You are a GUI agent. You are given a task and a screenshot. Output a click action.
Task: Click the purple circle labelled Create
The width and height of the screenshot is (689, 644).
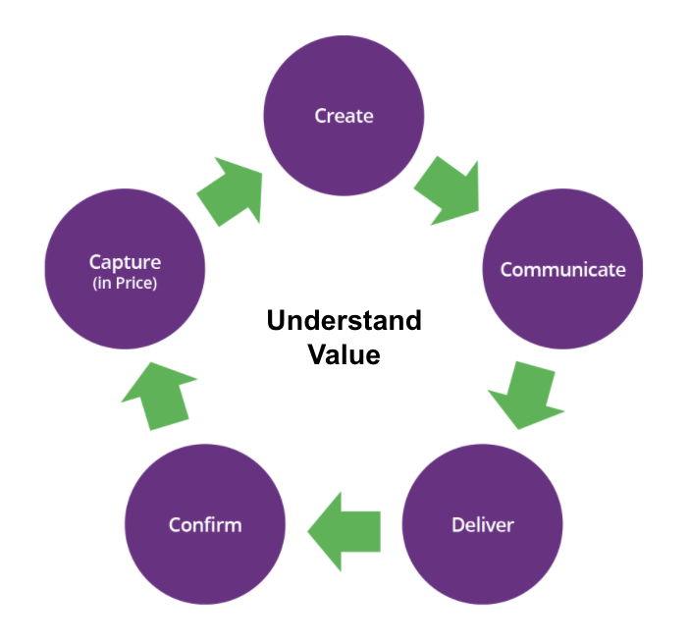(x=344, y=116)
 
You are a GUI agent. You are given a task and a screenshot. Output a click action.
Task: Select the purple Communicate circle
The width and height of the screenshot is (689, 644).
(x=562, y=269)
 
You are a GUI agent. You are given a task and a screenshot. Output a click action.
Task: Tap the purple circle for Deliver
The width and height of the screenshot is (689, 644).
(x=483, y=524)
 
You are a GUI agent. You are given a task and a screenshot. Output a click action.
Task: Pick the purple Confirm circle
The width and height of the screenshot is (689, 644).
(x=205, y=524)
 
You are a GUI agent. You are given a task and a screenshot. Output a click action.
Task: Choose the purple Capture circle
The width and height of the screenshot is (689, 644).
(x=125, y=269)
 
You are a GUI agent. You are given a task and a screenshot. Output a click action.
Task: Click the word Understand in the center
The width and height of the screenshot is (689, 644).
(x=344, y=321)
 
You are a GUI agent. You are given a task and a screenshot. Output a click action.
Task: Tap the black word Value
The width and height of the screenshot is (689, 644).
(x=344, y=354)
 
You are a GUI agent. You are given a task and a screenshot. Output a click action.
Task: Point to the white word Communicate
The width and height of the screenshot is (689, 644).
(x=562, y=269)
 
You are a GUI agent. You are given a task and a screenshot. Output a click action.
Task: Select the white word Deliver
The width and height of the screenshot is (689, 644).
(x=483, y=524)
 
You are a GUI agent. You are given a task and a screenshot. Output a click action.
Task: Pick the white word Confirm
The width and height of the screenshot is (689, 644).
(x=205, y=524)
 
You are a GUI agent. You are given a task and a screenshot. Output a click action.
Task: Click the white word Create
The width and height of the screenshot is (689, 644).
(x=344, y=116)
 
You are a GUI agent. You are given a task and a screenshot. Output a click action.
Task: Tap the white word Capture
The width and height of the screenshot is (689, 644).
(x=125, y=262)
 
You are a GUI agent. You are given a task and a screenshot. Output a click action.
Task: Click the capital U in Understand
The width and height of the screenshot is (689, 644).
(x=276, y=321)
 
